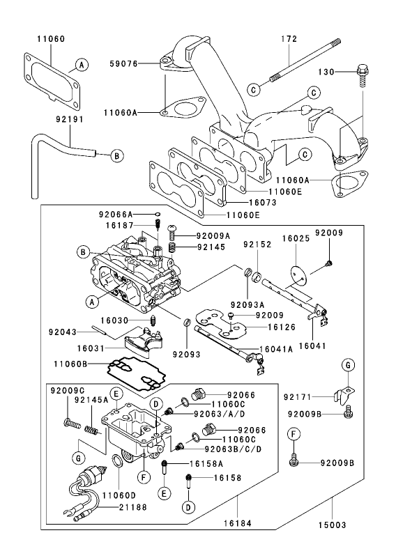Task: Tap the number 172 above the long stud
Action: point(290,39)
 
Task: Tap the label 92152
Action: point(257,245)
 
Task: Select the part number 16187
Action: point(119,226)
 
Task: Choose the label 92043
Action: point(62,332)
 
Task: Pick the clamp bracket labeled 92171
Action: point(344,394)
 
